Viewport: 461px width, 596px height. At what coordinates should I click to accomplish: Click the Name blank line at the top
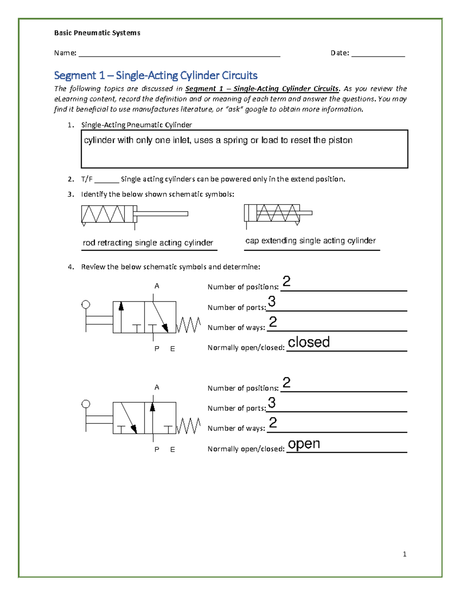pos(179,56)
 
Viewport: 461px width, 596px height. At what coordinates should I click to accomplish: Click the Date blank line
pos(378,56)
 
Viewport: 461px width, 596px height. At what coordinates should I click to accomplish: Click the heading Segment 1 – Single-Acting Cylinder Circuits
pos(156,75)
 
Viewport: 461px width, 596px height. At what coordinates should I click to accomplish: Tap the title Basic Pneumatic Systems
pos(97,33)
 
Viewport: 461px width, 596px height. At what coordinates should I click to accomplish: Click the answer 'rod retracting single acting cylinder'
pos(148,243)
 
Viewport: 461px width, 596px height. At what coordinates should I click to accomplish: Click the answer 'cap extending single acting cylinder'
pos(310,241)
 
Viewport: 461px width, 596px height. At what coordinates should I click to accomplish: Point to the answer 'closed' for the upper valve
pos(308,342)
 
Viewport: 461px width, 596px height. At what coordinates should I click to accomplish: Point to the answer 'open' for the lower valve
pos(304,444)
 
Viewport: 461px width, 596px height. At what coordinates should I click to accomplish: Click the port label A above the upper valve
pos(157,286)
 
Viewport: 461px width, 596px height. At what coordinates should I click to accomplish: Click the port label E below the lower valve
pos(172,449)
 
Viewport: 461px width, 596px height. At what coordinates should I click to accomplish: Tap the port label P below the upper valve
pos(157,348)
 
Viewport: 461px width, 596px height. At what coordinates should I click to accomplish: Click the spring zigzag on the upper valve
pos(188,325)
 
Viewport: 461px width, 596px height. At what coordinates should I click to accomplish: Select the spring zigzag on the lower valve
pos(188,426)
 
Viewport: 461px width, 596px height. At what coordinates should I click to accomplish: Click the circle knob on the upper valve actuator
pos(86,305)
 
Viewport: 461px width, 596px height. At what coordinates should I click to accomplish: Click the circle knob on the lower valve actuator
pos(86,404)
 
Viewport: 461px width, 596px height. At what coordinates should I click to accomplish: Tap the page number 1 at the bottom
pos(405,554)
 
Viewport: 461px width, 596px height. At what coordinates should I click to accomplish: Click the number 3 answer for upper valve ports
pos(272,302)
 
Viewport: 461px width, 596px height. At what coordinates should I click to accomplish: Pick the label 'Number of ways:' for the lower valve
pos(236,428)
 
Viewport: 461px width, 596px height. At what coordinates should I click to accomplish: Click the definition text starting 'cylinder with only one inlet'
pos(218,140)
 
